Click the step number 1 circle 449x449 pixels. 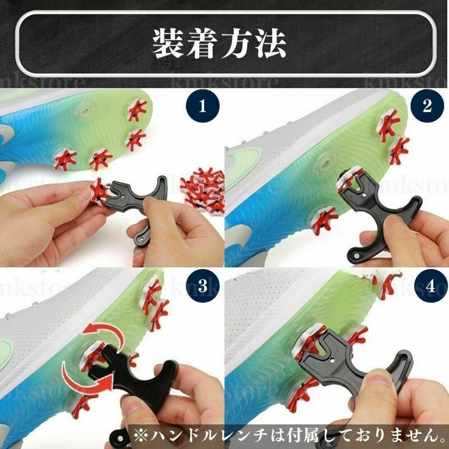pyautogui.click(x=203, y=106)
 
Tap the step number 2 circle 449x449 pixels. pyautogui.click(x=427, y=106)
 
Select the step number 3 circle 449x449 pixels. pyautogui.click(x=203, y=286)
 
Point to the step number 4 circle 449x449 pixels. pyautogui.click(x=430, y=286)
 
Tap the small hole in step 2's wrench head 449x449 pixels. pyautogui.click(x=364, y=195)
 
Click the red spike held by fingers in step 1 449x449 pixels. pyautogui.click(x=99, y=190)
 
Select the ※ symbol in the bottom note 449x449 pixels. pyautogui.click(x=141, y=436)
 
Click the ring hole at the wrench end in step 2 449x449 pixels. pyautogui.click(x=357, y=254)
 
